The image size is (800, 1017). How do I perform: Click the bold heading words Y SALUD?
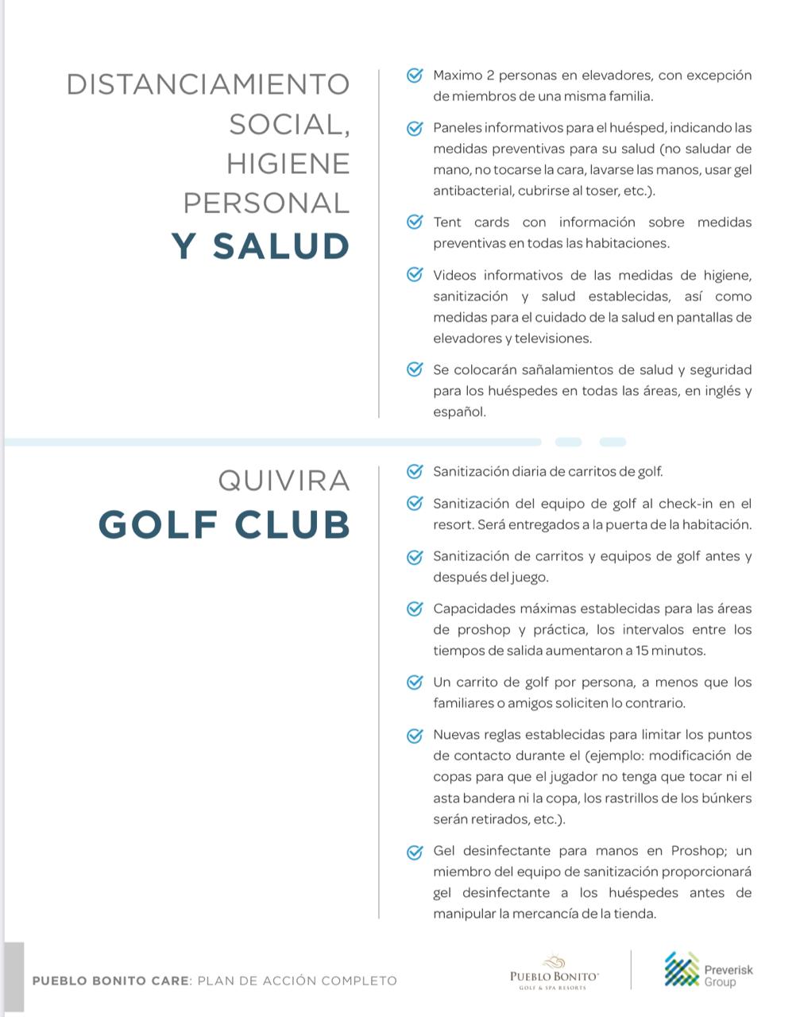[261, 246]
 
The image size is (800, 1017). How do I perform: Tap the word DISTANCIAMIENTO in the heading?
[208, 85]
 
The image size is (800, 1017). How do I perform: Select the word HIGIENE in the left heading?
[288, 164]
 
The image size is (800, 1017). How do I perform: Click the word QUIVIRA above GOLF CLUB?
[284, 481]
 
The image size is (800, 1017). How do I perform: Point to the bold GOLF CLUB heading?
[224, 525]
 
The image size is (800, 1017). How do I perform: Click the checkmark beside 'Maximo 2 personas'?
[414, 75]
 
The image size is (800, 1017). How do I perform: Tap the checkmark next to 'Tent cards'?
[414, 222]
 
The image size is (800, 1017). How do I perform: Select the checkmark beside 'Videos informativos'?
[414, 275]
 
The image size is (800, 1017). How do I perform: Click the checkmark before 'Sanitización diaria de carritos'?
[414, 471]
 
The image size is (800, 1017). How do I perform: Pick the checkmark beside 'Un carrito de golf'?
[414, 683]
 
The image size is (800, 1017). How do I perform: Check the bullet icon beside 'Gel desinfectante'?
[414, 852]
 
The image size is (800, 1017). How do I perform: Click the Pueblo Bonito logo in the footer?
[554, 972]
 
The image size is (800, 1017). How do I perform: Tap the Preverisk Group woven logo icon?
[681, 969]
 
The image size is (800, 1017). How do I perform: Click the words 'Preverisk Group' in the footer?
[728, 976]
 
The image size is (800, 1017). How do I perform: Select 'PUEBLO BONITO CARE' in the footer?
[110, 981]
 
